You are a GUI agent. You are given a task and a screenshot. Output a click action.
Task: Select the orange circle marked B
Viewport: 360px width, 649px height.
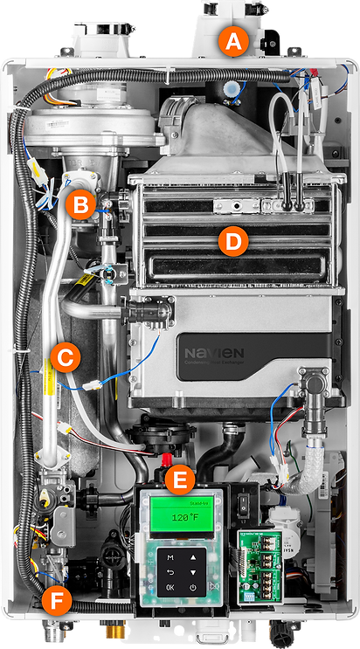pyautogui.click(x=80, y=205)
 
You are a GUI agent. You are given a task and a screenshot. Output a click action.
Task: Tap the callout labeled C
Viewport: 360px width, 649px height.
pyautogui.click(x=66, y=356)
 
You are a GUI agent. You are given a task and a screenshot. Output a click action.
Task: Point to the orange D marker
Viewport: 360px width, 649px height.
pyautogui.click(x=231, y=242)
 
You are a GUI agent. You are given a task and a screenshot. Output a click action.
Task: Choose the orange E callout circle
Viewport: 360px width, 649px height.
pyautogui.click(x=180, y=479)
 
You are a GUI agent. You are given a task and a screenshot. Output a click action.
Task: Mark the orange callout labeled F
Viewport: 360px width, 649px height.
pyautogui.click(x=55, y=602)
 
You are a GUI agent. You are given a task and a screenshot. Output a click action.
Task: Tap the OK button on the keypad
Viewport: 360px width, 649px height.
pyautogui.click(x=170, y=587)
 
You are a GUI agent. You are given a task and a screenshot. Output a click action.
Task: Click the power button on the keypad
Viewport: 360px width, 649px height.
pyautogui.click(x=192, y=587)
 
